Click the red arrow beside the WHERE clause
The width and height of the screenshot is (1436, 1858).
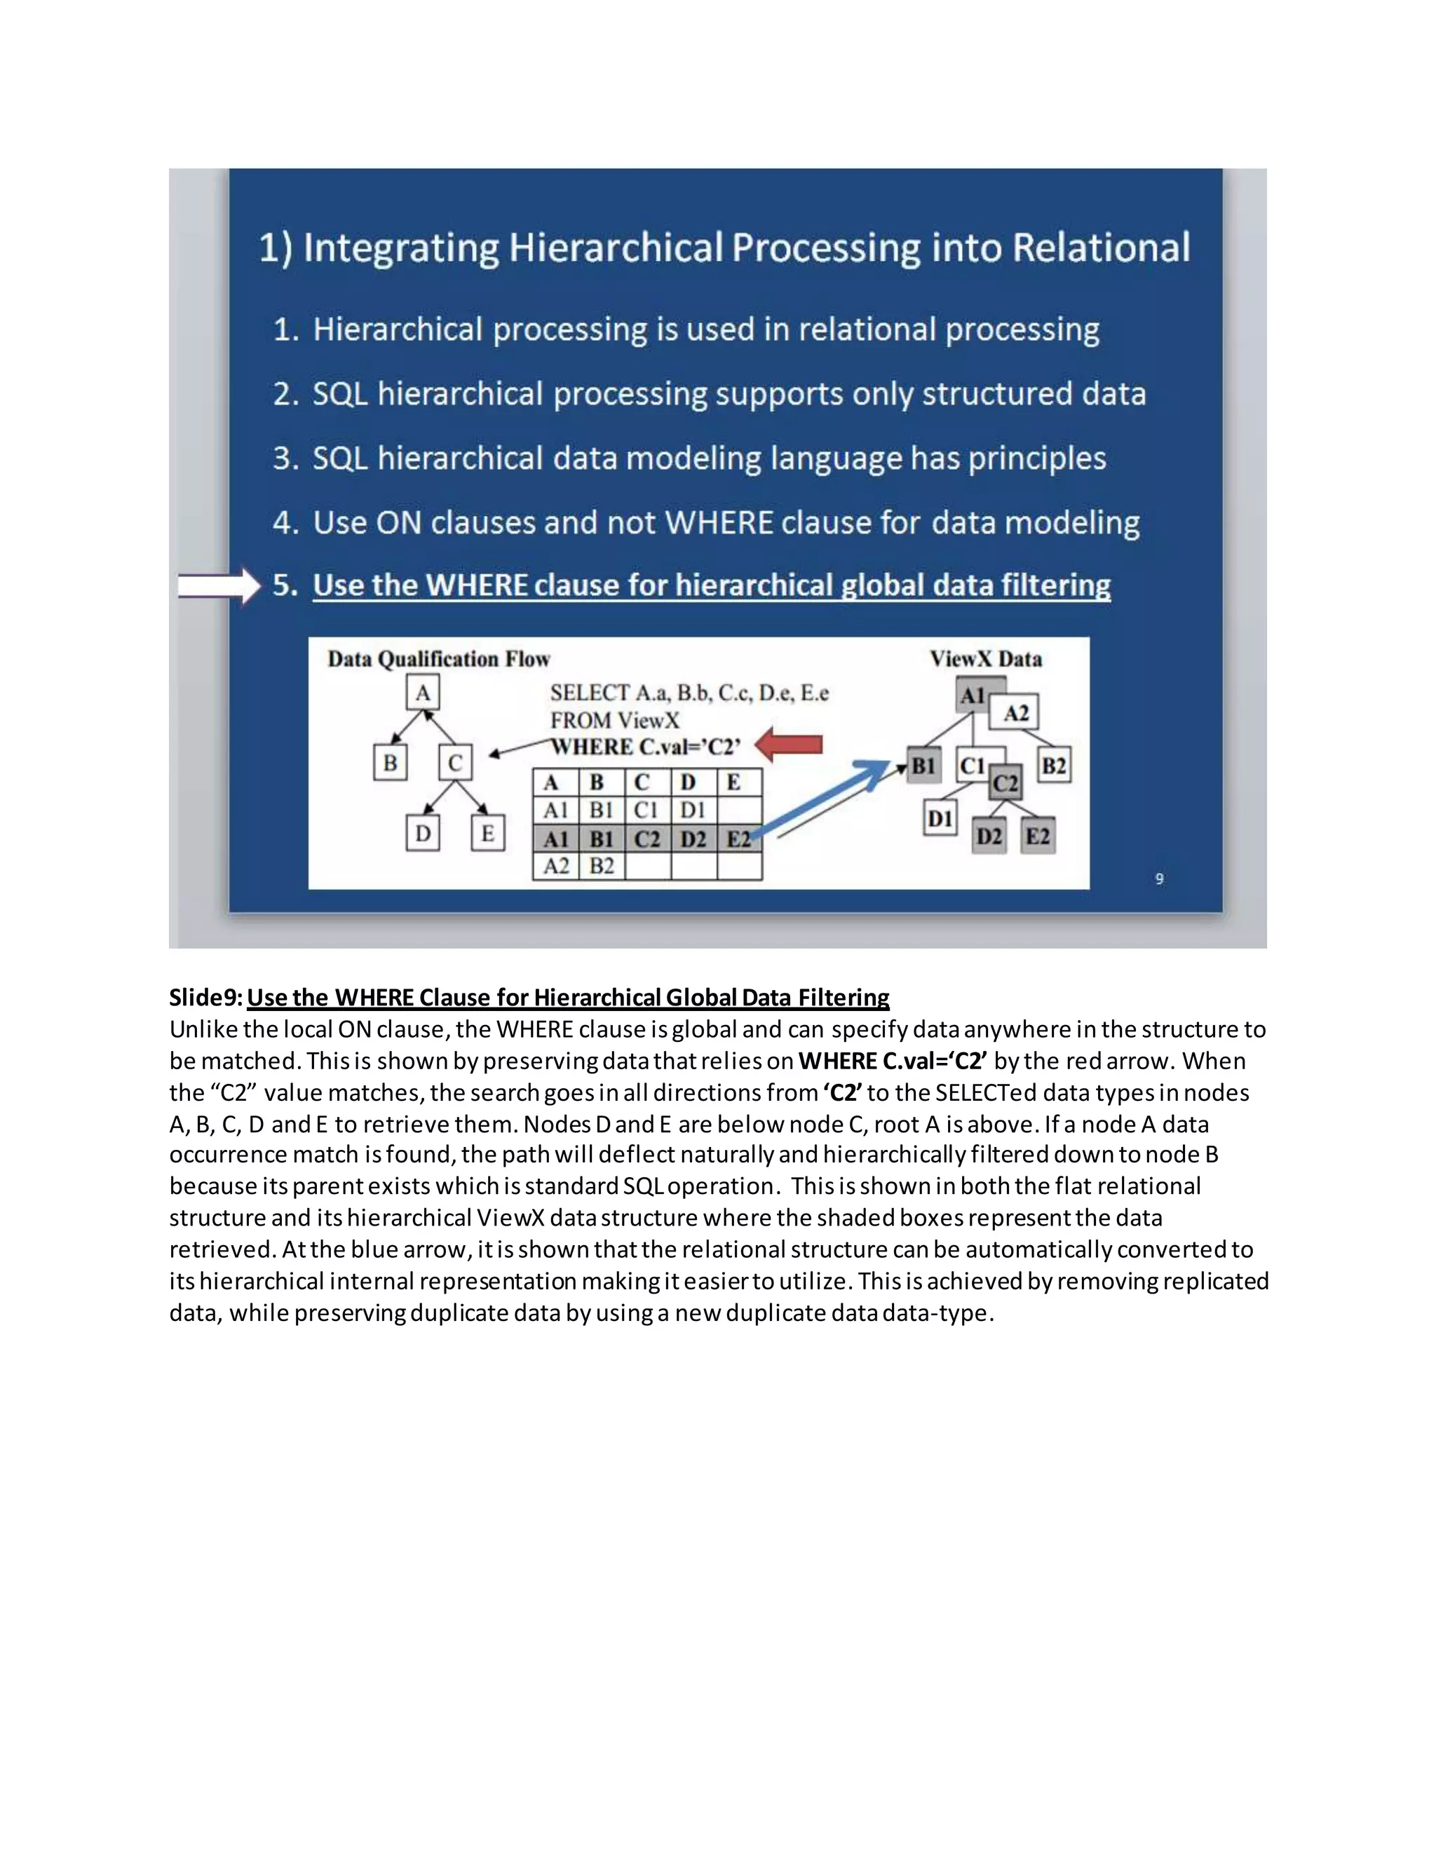click(x=789, y=745)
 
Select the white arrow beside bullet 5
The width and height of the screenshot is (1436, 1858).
click(x=219, y=586)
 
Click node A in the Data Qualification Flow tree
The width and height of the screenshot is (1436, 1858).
click(x=423, y=693)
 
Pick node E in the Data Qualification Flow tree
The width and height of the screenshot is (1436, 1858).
click(x=487, y=833)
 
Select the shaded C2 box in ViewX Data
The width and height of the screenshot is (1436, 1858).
click(x=1005, y=782)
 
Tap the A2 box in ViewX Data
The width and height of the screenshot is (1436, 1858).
click(x=1016, y=713)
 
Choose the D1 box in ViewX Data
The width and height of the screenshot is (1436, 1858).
click(x=940, y=818)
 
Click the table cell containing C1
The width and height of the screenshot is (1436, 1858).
click(x=646, y=809)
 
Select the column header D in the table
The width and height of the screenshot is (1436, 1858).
click(x=689, y=782)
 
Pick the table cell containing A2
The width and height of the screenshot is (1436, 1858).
click(x=555, y=866)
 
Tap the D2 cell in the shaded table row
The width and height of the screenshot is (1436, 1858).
click(x=693, y=839)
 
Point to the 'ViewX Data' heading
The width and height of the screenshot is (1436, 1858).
click(x=985, y=659)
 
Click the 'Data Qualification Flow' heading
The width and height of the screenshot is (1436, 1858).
click(x=439, y=659)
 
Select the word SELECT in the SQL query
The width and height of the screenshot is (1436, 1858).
click(x=590, y=693)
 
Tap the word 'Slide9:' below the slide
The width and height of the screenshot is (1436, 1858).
click(x=207, y=997)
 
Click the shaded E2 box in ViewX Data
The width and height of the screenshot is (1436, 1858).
click(x=1038, y=836)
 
